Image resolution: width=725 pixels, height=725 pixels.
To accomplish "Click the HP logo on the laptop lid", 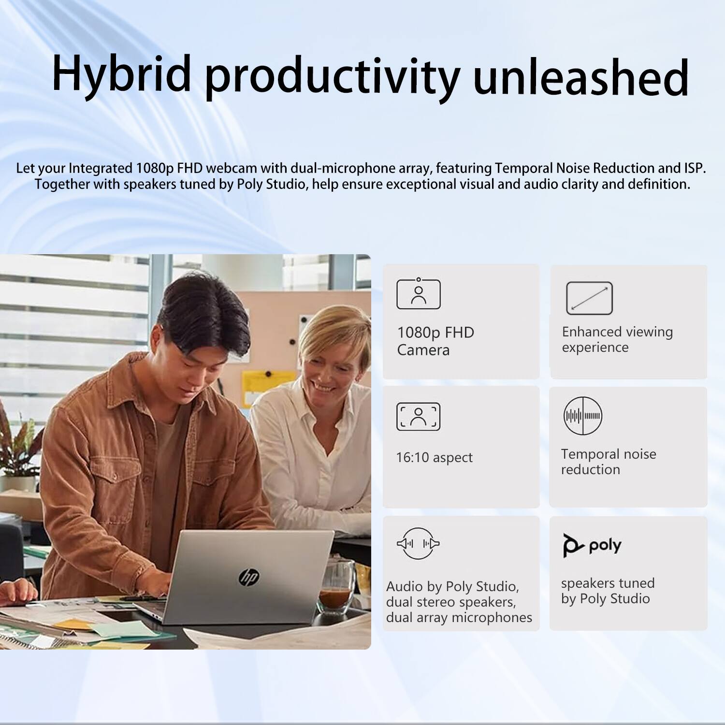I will pos(249,576).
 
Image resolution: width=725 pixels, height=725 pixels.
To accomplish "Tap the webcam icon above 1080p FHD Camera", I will pos(418,294).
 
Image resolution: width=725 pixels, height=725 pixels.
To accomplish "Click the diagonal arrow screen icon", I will pos(589,298).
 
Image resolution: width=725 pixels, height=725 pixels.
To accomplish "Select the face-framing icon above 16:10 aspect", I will pos(418,416).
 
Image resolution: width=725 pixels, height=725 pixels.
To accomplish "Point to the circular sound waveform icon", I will pos(583,416).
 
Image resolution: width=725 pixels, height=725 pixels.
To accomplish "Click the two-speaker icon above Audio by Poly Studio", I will pos(418,544).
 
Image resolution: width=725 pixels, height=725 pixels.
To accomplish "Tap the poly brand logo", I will pos(592,546).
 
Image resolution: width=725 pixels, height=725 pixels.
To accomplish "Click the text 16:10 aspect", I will pos(434,457).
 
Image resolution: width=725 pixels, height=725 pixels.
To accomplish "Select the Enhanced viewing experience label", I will pos(617,339).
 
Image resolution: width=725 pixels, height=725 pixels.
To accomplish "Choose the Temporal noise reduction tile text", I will pos(608,462).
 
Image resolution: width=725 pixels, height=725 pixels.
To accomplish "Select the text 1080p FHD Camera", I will pos(435,341).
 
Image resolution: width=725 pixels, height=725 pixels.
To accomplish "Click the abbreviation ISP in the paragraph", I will pos(694,168).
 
